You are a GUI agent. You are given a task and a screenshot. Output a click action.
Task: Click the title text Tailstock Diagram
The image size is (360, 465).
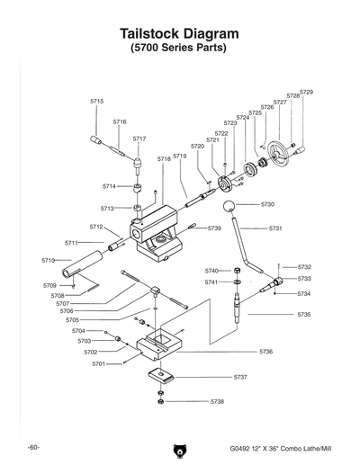(179, 32)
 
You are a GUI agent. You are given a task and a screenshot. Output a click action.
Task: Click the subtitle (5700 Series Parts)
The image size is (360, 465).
(179, 47)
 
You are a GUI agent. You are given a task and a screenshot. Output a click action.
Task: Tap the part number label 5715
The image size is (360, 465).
(97, 102)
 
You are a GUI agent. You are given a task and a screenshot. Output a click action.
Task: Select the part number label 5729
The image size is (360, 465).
(306, 93)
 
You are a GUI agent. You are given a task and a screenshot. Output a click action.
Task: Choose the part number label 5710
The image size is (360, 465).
(48, 260)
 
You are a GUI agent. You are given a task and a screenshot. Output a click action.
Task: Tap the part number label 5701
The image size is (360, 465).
(99, 363)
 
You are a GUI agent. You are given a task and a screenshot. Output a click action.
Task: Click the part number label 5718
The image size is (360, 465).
(164, 158)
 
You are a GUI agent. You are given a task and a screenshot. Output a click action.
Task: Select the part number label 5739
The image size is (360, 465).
(214, 228)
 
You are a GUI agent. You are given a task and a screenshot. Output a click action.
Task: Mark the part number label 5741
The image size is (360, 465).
(211, 282)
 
